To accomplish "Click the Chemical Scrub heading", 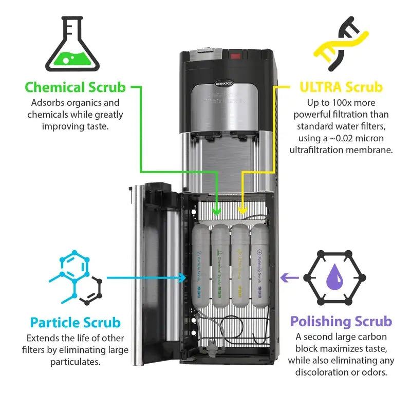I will [x=75, y=87].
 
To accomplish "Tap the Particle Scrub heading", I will [x=75, y=323].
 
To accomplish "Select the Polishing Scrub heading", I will [x=341, y=322].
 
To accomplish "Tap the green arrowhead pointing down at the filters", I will [x=217, y=210].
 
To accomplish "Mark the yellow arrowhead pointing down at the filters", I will [x=243, y=210].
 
